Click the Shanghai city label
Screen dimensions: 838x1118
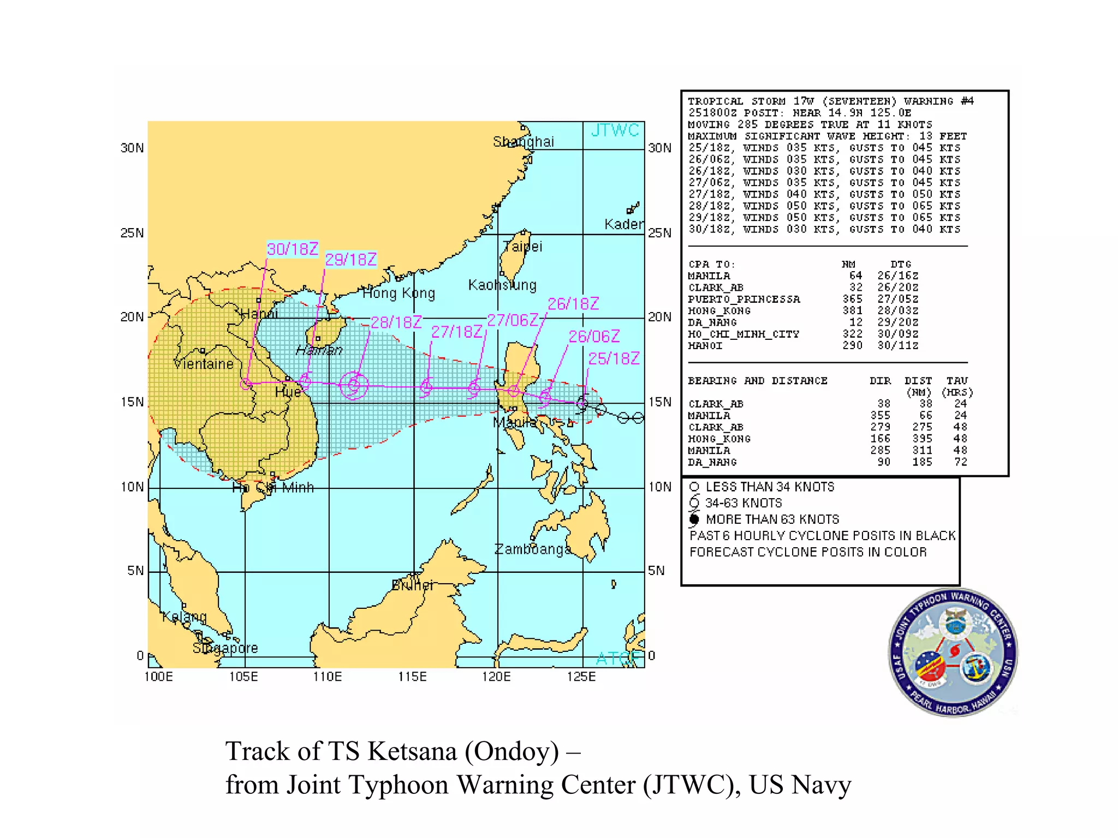pos(523,142)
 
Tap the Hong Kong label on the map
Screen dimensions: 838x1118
pos(399,294)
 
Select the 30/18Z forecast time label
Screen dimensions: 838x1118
pos(292,249)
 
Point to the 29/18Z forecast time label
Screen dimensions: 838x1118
pos(351,259)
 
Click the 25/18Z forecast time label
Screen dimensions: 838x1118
pos(614,358)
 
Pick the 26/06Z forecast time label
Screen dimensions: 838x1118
pos(594,336)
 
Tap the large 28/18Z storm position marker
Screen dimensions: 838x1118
pos(354,386)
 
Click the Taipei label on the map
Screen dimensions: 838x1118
pos(523,247)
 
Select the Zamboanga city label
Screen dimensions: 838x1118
pos(532,549)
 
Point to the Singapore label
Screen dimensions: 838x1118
pos(225,648)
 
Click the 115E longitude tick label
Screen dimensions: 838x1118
pos(412,677)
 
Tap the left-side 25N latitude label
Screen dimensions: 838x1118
pos(132,233)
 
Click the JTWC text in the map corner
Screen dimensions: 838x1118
pos(615,130)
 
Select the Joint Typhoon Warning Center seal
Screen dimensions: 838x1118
pos(953,652)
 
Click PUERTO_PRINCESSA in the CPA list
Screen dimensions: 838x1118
pos(744,299)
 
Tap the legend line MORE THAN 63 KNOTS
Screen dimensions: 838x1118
pos(772,519)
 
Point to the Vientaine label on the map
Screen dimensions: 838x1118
pos(204,364)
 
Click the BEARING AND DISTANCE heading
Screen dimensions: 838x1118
pos(758,381)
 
